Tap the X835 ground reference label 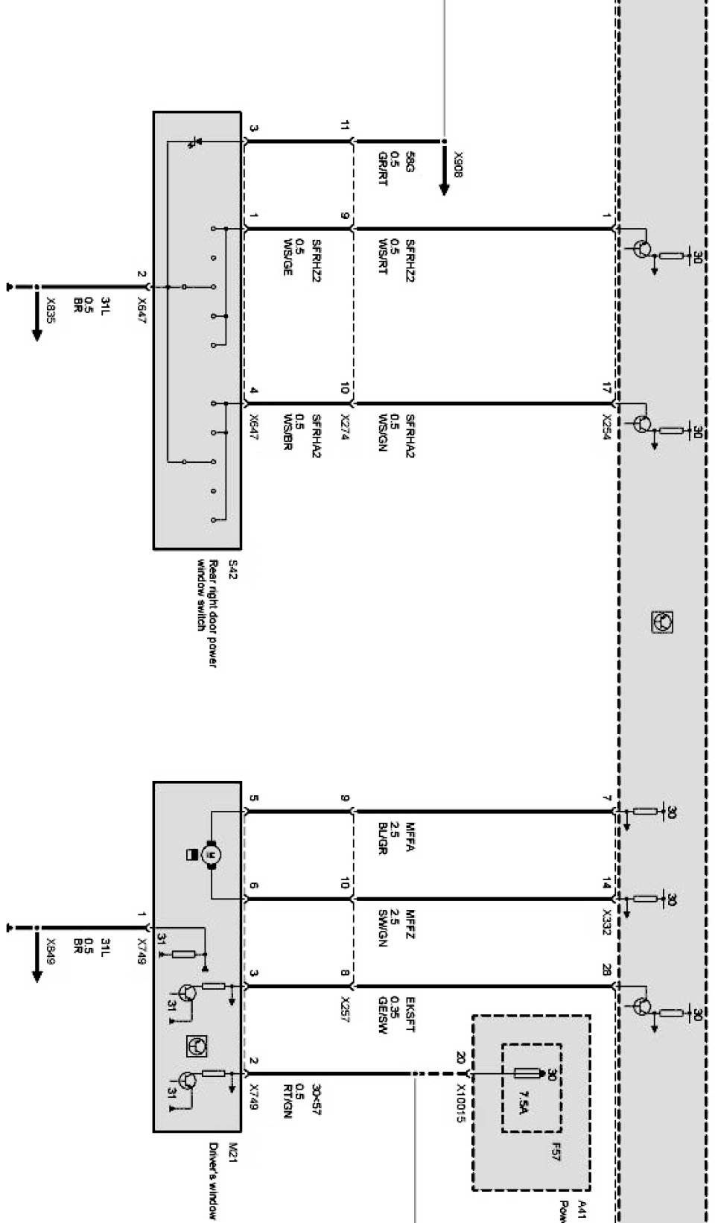pyautogui.click(x=51, y=309)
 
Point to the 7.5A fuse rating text pyautogui.click(x=526, y=1102)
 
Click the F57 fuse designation pyautogui.click(x=556, y=1155)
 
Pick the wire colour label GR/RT pyautogui.click(x=382, y=168)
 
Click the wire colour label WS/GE pyautogui.click(x=287, y=257)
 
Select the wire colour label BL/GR pyautogui.click(x=382, y=838)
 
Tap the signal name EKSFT pyautogui.click(x=410, y=1015)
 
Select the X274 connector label pyautogui.click(x=345, y=428)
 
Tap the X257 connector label pyautogui.click(x=345, y=1009)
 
